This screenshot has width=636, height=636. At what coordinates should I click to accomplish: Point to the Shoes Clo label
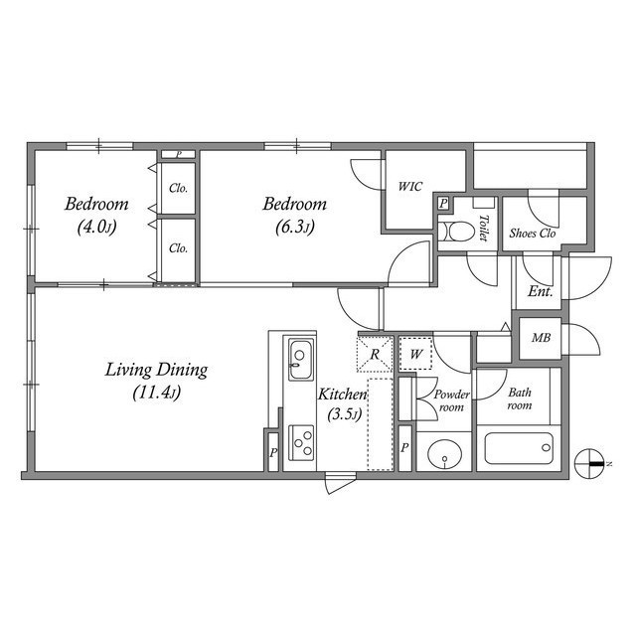pyautogui.click(x=533, y=235)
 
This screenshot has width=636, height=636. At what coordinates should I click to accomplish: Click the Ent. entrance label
pyautogui.click(x=540, y=291)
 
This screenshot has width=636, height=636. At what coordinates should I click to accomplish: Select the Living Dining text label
pyautogui.click(x=156, y=371)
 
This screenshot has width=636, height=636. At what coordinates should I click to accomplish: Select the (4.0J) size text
pyautogui.click(x=96, y=227)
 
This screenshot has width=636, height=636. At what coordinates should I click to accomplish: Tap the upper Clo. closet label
pyautogui.click(x=179, y=188)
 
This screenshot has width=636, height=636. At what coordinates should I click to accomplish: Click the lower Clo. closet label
pyautogui.click(x=179, y=248)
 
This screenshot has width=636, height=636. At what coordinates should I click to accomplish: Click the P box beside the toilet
pyautogui.click(x=443, y=204)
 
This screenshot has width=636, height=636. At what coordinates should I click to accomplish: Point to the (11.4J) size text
pyautogui.click(x=156, y=393)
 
